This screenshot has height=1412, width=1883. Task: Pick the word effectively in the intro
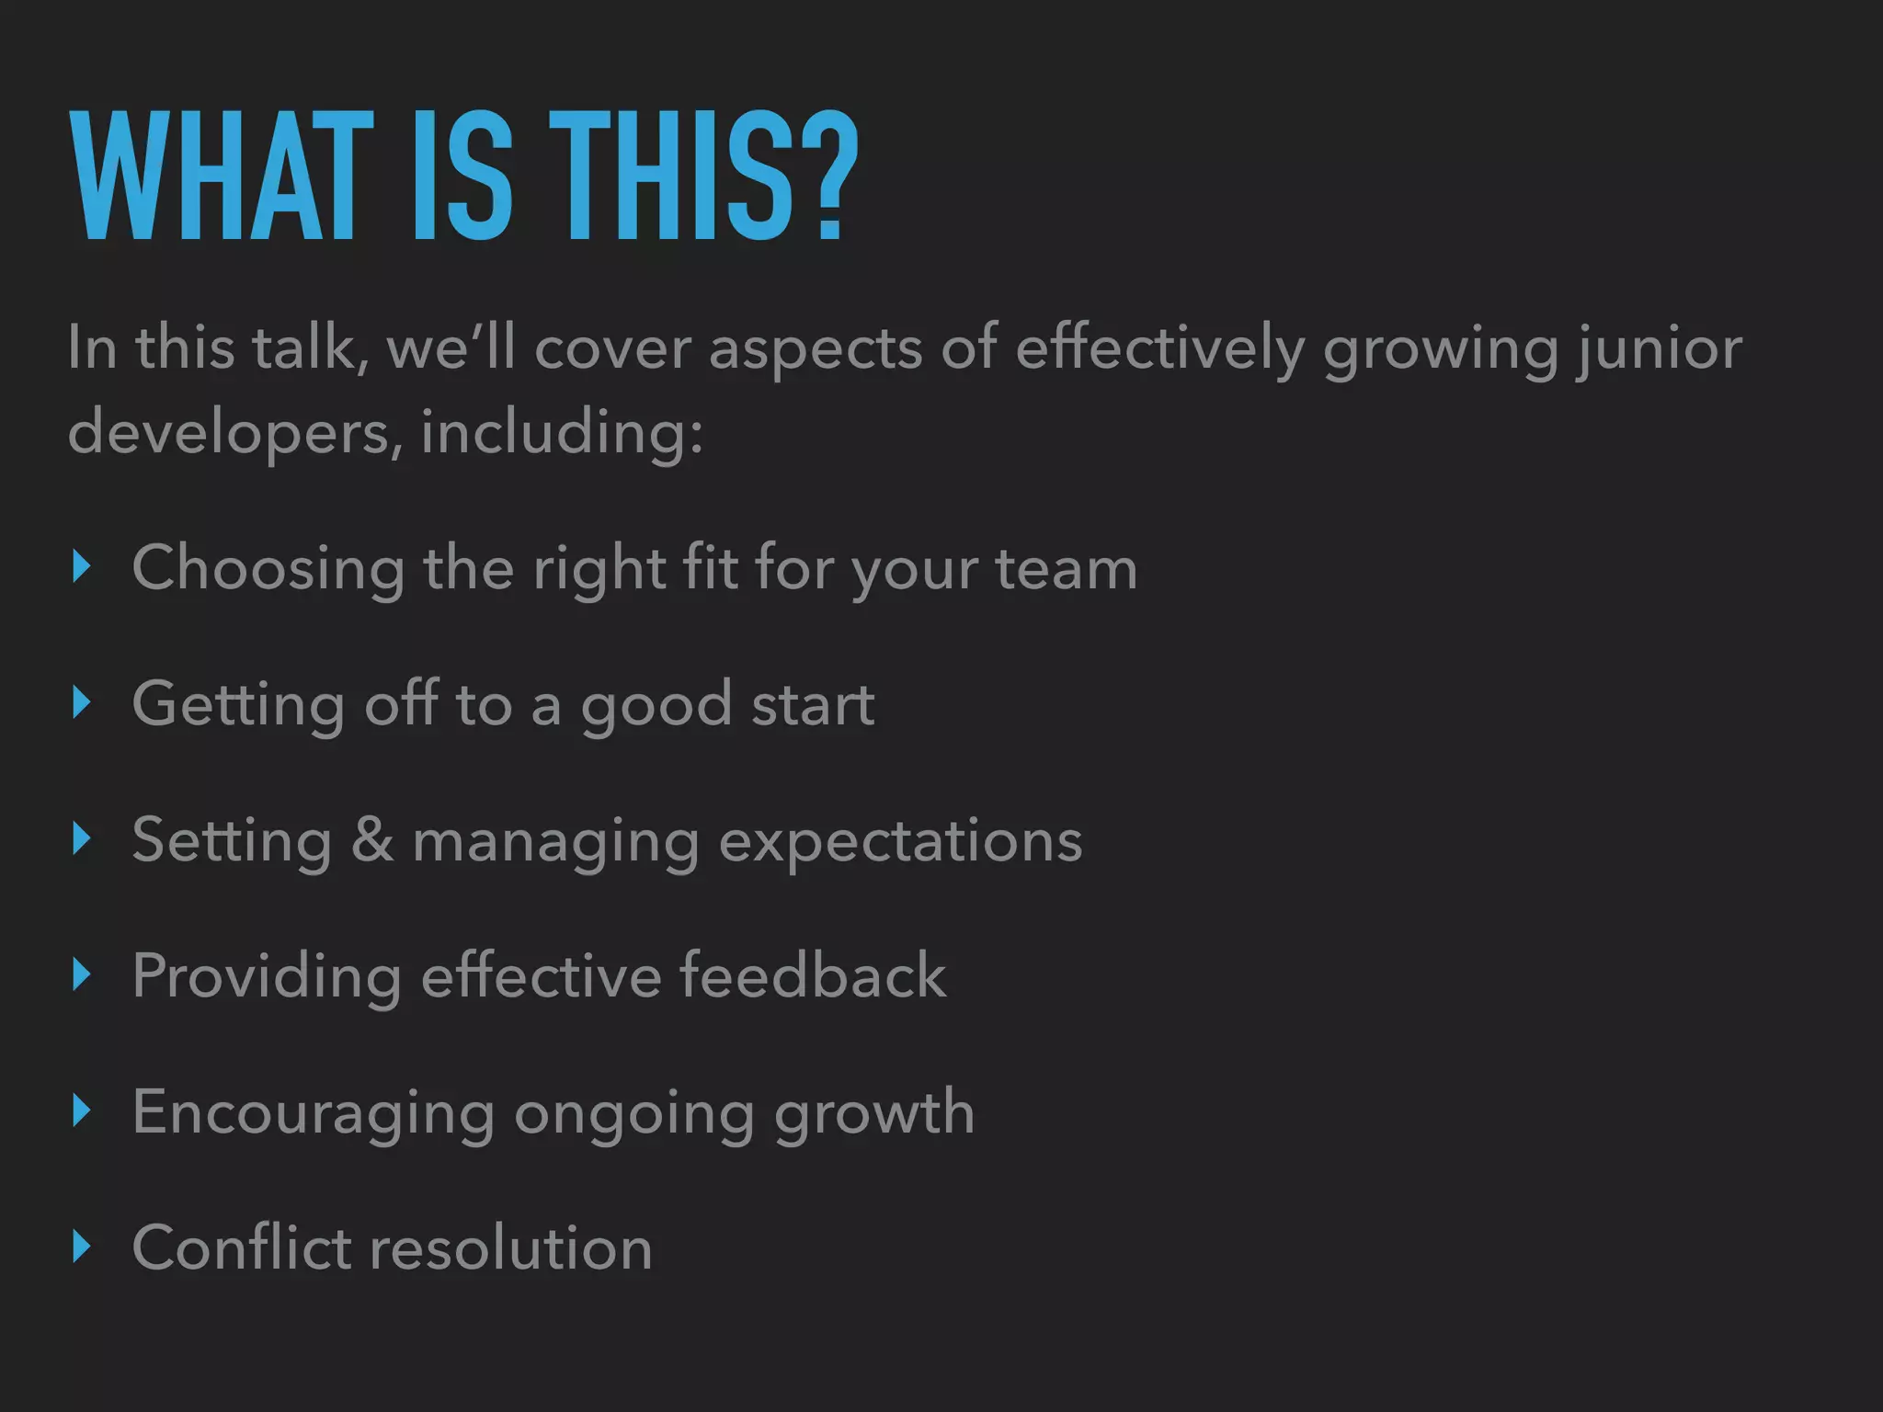(x=1159, y=350)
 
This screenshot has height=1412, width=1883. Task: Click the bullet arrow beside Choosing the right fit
(x=82, y=568)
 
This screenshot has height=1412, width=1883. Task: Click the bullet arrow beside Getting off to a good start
(x=82, y=703)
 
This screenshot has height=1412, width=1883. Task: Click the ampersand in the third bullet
(x=371, y=839)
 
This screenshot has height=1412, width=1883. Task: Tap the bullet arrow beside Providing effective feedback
(x=82, y=975)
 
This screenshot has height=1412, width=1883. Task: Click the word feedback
(x=813, y=975)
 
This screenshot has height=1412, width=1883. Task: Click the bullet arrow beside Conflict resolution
(x=82, y=1247)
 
